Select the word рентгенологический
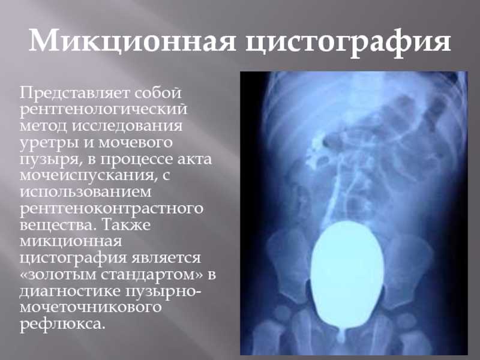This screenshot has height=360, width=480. (103, 109)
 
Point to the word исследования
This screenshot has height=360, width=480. (127, 126)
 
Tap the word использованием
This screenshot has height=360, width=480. (86, 192)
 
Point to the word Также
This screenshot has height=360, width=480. (125, 224)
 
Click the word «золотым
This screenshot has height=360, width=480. (58, 275)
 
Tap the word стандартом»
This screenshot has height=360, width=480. (152, 275)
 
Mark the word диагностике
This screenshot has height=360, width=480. (70, 292)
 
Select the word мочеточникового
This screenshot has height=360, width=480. (91, 307)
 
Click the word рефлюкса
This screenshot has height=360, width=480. (62, 324)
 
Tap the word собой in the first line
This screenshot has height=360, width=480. (158, 92)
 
